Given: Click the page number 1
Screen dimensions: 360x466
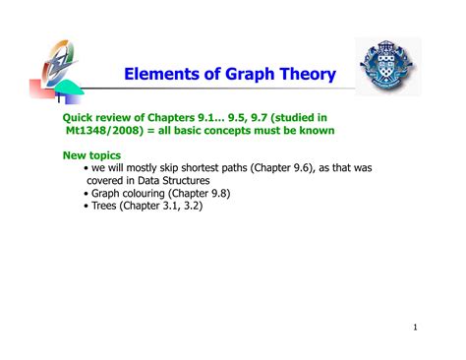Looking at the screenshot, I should click(416, 328).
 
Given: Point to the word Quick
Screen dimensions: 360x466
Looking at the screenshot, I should click(82, 116).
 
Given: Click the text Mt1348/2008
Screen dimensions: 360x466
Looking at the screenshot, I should click(108, 130).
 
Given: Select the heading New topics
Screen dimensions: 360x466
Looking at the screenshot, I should click(91, 154).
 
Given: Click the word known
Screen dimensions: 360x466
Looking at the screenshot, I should click(317, 130).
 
